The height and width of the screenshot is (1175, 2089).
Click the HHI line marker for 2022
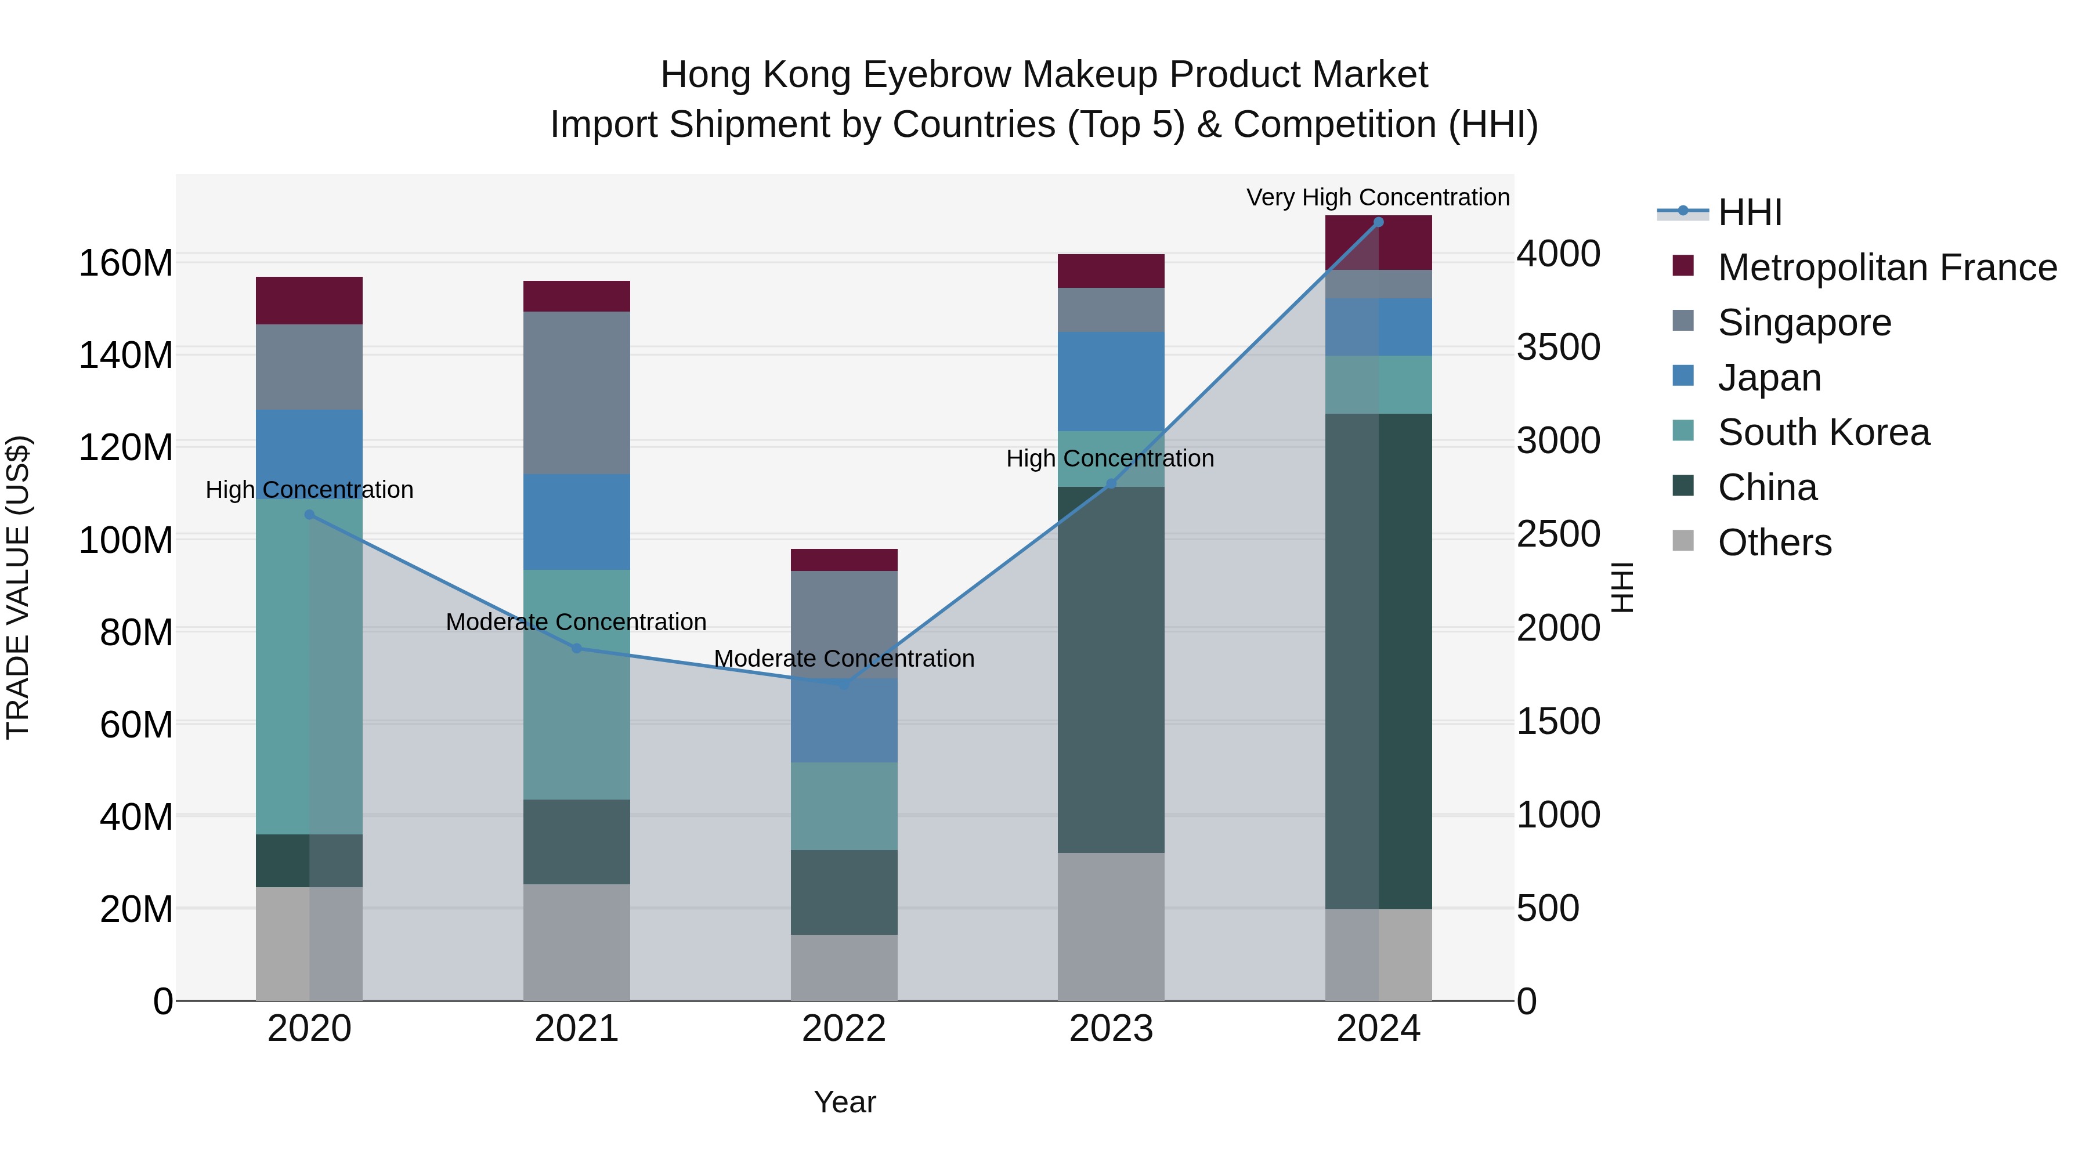click(x=844, y=685)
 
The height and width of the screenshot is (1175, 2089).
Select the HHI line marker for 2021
click(x=577, y=648)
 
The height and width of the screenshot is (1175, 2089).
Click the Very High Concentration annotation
click(x=1377, y=197)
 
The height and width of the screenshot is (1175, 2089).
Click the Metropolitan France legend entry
click(x=1886, y=267)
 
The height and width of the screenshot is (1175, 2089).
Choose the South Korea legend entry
click(x=1823, y=432)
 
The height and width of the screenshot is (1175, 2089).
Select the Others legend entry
click(x=1774, y=543)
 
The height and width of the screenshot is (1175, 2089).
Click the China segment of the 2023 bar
click(x=1111, y=669)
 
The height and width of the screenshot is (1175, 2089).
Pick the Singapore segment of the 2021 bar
click(x=577, y=393)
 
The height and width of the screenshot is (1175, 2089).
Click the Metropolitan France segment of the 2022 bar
click(x=844, y=561)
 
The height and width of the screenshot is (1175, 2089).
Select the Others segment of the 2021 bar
click(x=577, y=942)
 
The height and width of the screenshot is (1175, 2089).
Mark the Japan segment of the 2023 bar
click(x=1111, y=381)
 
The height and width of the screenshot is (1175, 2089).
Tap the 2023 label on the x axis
click(x=1111, y=1029)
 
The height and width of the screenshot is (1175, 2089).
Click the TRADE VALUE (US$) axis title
click(x=19, y=587)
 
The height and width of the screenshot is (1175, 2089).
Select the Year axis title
click(x=844, y=1102)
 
